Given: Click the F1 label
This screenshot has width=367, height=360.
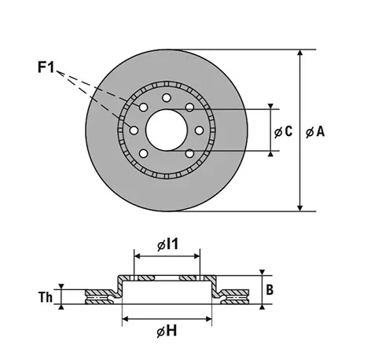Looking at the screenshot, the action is coord(46,67).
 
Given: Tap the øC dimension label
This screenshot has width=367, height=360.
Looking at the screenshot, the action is coord(283,131).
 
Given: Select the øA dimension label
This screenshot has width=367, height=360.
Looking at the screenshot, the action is coord(315,131).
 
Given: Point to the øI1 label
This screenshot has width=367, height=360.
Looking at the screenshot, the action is coord(167,244).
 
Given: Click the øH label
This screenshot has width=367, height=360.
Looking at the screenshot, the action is coord(167,331).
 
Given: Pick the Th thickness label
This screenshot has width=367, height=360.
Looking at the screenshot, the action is coord(46,297).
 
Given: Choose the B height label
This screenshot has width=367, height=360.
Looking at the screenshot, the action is coord(270,290).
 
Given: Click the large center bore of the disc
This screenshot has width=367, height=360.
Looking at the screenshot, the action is coord(167,130).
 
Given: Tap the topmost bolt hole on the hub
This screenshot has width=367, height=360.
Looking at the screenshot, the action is coord(167,98).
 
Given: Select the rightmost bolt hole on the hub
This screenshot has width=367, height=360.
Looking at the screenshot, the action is coord(200,130).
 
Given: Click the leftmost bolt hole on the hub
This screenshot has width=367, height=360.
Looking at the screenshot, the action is coord(134,130).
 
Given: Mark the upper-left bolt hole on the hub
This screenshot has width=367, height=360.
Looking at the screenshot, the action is coord(143,107).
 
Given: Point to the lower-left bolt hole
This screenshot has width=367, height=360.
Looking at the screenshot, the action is coord(143,153).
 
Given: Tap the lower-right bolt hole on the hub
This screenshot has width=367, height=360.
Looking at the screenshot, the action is coord(189,153).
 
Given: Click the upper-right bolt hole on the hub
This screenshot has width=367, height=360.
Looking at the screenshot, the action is coord(189,107).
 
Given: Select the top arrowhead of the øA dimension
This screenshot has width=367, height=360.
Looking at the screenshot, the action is coord(300,52).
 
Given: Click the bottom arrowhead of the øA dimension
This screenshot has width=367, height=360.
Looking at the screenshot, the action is coord(300,208).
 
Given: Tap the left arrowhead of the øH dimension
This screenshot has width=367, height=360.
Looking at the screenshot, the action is coord(125,319).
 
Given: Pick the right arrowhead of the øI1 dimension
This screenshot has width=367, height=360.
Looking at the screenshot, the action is coord(196,255).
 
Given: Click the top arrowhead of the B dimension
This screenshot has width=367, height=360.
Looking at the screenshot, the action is coord(262,272).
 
